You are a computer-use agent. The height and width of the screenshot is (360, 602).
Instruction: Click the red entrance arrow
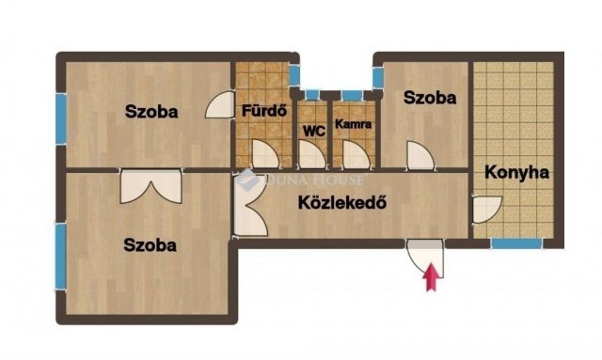click(431, 277)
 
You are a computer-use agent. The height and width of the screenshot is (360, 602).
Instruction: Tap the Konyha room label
click(516, 173)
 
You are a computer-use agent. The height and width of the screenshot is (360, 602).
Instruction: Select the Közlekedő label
click(342, 203)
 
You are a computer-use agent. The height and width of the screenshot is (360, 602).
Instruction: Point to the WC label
click(314, 132)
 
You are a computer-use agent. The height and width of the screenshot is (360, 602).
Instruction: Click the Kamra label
click(354, 124)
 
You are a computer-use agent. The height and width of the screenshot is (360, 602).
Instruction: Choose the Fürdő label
click(264, 111)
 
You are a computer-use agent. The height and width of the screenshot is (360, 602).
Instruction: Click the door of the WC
click(312, 154)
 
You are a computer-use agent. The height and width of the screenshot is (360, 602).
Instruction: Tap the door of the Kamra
click(357, 154)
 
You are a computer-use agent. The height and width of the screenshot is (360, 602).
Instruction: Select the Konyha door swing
click(487, 210)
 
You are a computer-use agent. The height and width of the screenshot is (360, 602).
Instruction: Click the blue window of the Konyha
click(517, 243)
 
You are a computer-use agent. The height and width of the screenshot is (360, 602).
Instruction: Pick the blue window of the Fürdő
click(294, 75)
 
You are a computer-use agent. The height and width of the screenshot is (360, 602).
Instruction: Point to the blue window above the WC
click(312, 95)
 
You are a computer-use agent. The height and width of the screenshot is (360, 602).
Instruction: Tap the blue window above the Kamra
click(352, 95)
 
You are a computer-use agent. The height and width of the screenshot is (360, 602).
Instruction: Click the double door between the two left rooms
click(150, 187)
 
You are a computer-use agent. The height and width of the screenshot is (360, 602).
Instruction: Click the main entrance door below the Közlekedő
click(425, 258)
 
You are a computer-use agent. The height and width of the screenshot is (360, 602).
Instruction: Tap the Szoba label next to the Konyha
click(430, 98)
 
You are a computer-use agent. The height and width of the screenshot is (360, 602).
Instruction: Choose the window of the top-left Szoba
click(61, 119)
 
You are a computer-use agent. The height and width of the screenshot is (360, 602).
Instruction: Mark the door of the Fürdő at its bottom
click(265, 154)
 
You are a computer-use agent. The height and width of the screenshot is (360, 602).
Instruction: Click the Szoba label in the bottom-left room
click(150, 245)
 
